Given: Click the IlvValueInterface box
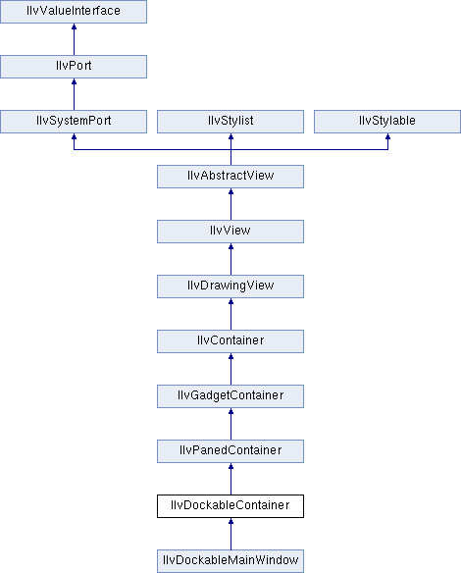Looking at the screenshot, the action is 74,12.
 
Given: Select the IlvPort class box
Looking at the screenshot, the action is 74,67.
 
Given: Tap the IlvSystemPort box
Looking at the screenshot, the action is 74,122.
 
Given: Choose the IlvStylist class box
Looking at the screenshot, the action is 230,122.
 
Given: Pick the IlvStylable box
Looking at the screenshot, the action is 387,122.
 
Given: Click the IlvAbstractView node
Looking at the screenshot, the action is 230,177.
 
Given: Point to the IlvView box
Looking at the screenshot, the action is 230,232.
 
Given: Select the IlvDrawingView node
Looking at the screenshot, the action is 230,286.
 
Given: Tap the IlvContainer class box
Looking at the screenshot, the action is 230,341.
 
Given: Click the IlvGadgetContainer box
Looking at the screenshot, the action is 230,396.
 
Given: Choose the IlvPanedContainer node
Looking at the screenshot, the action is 230,451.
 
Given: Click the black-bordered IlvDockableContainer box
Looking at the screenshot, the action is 230,506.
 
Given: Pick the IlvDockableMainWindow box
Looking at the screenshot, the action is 230,561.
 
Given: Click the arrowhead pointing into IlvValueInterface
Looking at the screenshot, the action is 74,26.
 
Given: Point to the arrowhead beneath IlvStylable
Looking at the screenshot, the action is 388,136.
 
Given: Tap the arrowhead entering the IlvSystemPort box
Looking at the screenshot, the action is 74,136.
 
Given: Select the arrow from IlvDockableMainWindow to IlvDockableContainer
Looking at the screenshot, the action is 230,534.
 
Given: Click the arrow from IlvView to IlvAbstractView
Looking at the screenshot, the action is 230,204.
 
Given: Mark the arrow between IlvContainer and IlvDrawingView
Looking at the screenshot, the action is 230,314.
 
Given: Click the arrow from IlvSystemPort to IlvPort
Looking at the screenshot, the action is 74,94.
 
